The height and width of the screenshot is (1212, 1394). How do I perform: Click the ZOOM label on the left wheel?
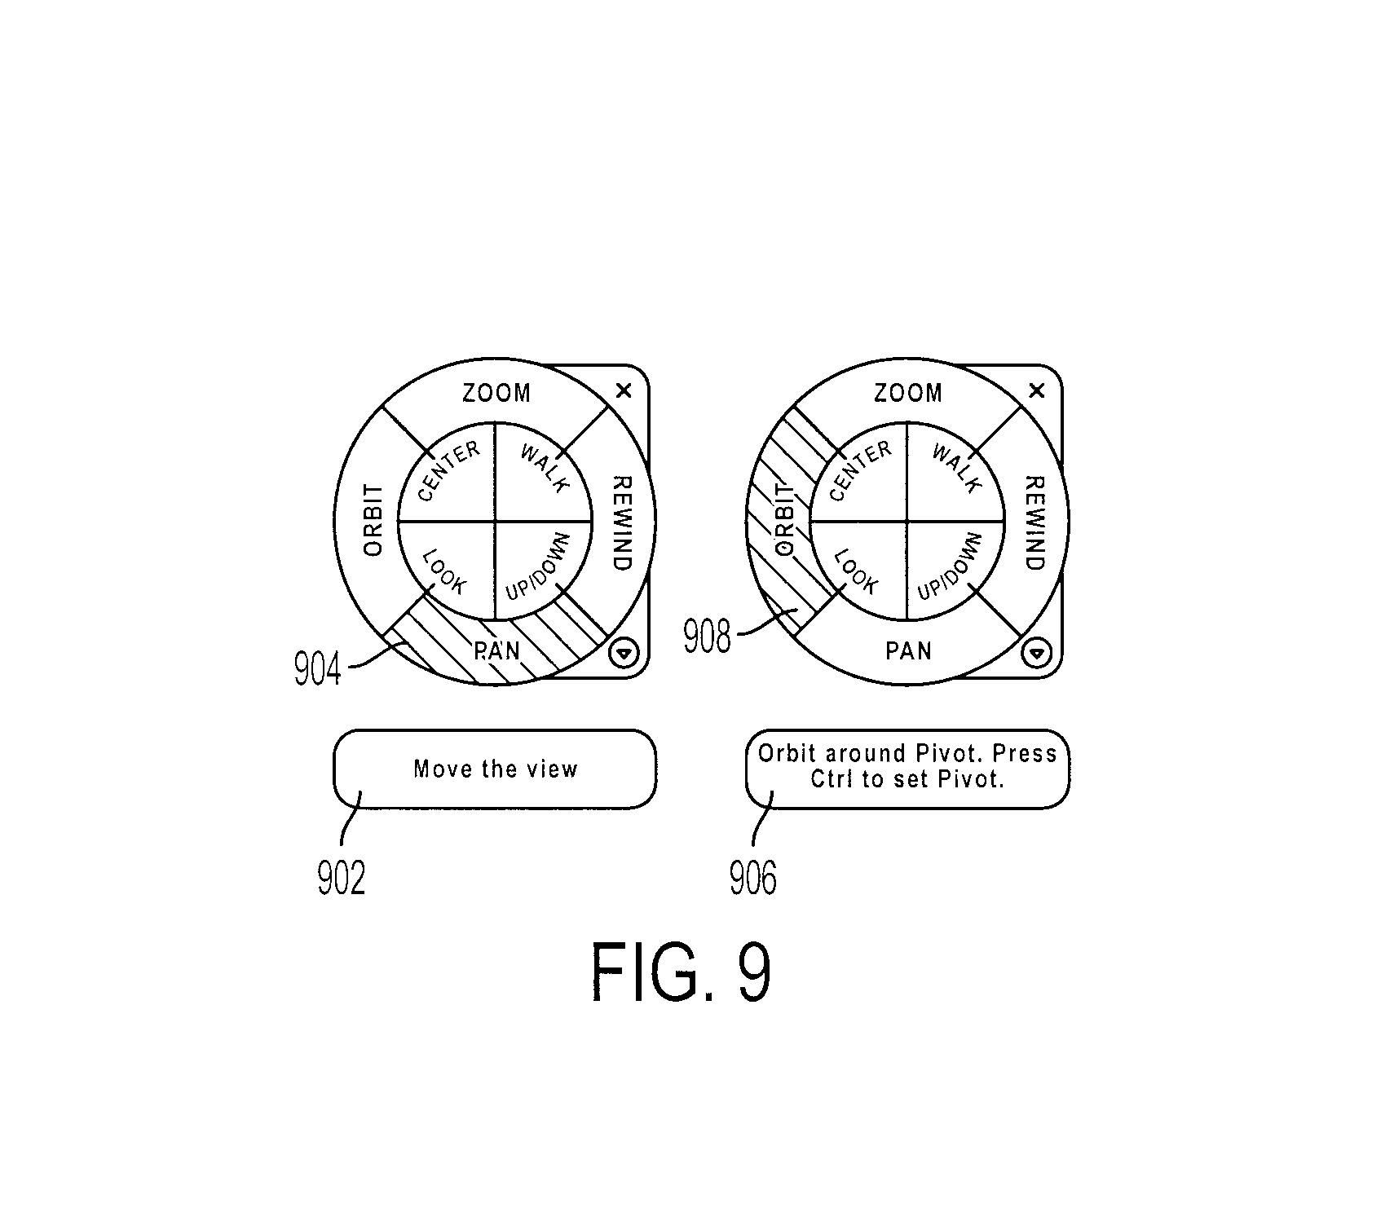[x=496, y=394]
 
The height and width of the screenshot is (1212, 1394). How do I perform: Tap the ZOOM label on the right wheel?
[x=908, y=394]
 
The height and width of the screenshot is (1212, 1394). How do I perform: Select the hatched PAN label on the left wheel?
[x=496, y=650]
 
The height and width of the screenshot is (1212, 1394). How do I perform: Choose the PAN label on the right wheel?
[x=908, y=650]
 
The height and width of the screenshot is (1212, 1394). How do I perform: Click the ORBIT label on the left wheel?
[x=373, y=520]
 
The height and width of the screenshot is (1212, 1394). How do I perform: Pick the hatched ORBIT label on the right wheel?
[x=785, y=520]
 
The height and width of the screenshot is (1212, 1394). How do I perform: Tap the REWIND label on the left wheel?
[x=622, y=522]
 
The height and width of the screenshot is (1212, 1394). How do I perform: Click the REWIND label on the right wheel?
[x=1034, y=522]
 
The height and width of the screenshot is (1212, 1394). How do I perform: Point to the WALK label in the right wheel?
[x=956, y=469]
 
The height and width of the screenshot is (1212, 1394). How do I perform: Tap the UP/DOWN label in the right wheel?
[x=950, y=566]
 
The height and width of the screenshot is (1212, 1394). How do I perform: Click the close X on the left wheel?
[x=624, y=391]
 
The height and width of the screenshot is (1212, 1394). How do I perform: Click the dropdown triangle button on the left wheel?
[x=624, y=653]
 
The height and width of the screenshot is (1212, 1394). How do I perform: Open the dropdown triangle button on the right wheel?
[x=1036, y=653]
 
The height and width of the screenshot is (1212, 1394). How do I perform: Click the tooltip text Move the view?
[x=496, y=769]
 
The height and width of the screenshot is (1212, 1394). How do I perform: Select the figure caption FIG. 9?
[x=681, y=972]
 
